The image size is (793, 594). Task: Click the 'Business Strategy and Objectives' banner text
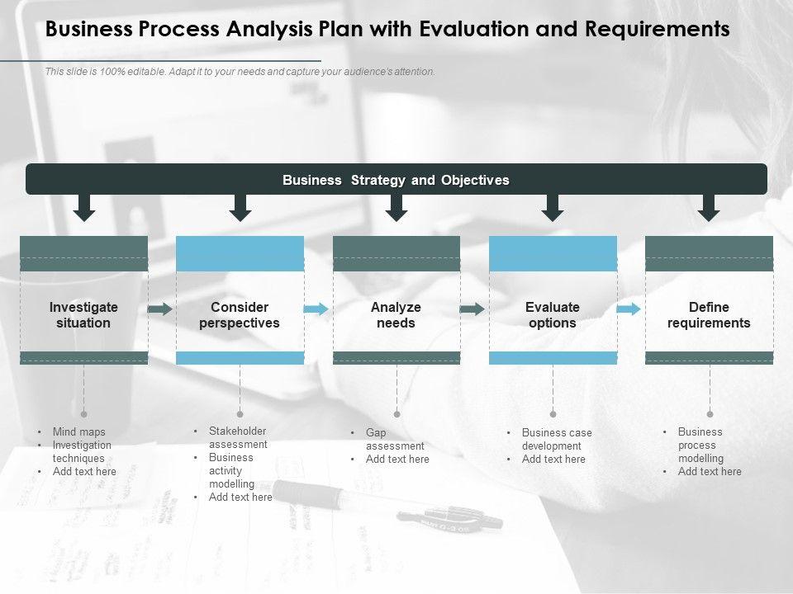pyautogui.click(x=396, y=180)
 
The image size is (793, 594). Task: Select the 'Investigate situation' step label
pyautogui.click(x=83, y=315)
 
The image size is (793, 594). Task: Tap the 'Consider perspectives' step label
pyautogui.click(x=240, y=315)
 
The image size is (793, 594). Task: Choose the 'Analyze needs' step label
pyautogui.click(x=396, y=315)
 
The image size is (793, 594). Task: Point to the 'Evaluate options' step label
pyautogui.click(x=553, y=315)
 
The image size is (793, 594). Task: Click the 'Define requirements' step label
pyautogui.click(x=709, y=315)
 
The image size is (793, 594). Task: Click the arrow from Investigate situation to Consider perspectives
pyautogui.click(x=160, y=309)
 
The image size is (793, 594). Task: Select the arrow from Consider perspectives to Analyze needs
pyautogui.click(x=316, y=309)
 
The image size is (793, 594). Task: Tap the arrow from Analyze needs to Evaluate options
pyautogui.click(x=472, y=309)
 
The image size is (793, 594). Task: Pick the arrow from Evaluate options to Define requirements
pyautogui.click(x=629, y=309)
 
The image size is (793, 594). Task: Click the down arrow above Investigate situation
pyautogui.click(x=83, y=207)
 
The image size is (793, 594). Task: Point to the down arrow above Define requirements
pyautogui.click(x=708, y=207)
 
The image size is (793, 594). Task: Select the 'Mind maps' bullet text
pyautogui.click(x=78, y=431)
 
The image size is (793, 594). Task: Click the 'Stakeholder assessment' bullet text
pyautogui.click(x=238, y=437)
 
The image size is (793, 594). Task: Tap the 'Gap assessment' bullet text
pyautogui.click(x=394, y=439)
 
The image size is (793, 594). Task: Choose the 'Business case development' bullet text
pyautogui.click(x=557, y=439)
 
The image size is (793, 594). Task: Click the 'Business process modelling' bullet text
pyautogui.click(x=700, y=445)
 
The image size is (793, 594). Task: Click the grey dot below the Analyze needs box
pyautogui.click(x=396, y=414)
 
